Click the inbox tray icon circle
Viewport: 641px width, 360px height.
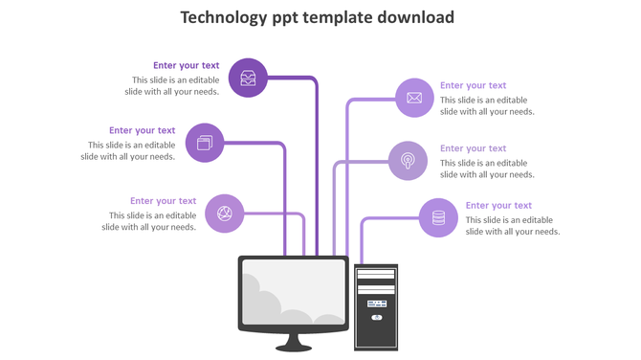248,79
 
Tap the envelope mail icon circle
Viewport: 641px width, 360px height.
414,98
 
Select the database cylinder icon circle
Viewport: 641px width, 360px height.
438,218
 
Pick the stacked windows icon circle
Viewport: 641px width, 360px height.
205,143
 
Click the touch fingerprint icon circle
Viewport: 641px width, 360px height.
408,161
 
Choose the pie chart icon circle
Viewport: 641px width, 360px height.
225,214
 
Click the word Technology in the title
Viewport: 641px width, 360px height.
227,17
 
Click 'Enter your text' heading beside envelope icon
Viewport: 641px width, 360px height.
473,86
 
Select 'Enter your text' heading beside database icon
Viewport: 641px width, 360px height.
498,206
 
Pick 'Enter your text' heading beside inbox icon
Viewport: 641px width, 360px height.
187,66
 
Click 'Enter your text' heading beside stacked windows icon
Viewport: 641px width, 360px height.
143,131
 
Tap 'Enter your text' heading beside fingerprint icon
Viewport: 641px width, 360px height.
473,148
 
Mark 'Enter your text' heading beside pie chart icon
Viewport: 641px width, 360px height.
164,201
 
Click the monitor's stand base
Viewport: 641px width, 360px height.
294,347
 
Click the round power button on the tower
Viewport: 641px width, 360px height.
376,317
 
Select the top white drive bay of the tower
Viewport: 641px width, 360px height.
376,274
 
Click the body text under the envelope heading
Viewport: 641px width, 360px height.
486,106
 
